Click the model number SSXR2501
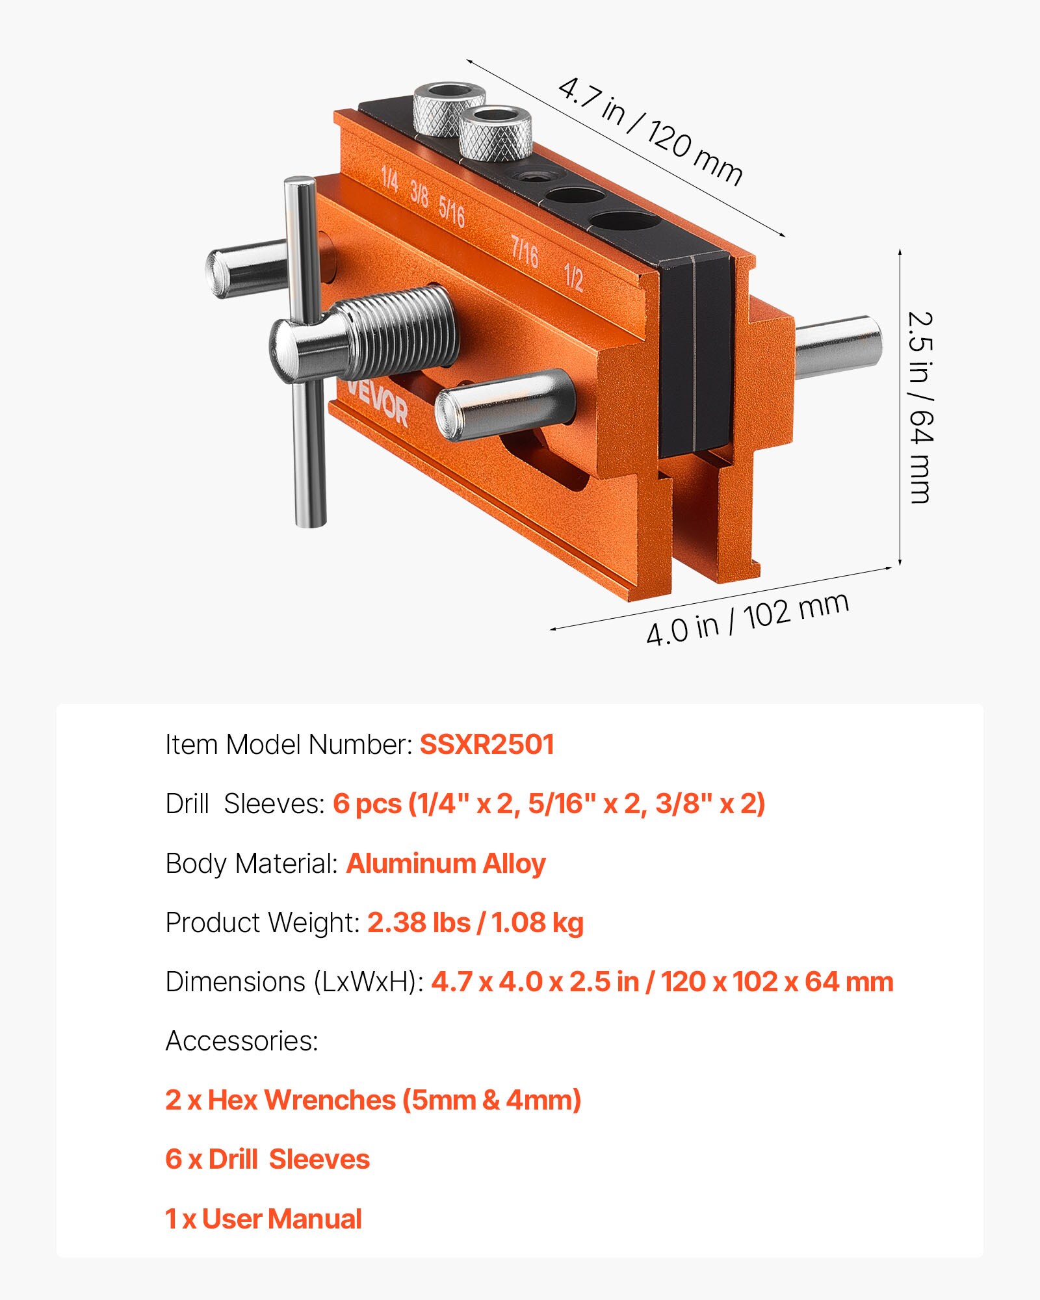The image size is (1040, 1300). click(486, 744)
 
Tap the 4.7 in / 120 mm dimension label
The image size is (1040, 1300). click(650, 131)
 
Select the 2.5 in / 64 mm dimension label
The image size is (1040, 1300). click(919, 408)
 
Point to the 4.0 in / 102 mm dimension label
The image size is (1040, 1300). click(747, 619)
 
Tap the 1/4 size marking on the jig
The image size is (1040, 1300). click(389, 178)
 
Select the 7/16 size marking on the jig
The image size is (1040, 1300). click(525, 252)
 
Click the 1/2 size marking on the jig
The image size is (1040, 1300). click(573, 277)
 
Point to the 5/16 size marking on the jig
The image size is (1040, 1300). click(452, 212)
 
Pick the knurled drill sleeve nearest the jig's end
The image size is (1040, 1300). click(449, 107)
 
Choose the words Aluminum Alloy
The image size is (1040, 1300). click(446, 863)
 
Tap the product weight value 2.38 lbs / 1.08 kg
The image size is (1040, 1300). click(475, 922)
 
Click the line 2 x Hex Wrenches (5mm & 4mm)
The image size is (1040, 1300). click(372, 1100)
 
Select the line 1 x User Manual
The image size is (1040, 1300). click(263, 1219)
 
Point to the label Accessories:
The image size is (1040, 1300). click(242, 1041)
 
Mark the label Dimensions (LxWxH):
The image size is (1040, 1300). click(294, 981)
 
